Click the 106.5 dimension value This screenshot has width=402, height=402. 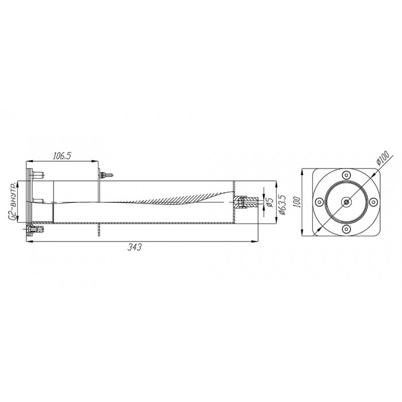pyautogui.click(x=62, y=156)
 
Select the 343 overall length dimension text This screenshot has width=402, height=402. pyautogui.click(x=134, y=247)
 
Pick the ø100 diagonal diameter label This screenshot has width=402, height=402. pyautogui.click(x=382, y=158)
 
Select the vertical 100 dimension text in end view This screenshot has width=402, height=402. pyautogui.click(x=297, y=202)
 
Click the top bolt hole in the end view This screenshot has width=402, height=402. pyautogui.click(x=346, y=175)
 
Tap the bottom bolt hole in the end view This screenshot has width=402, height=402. pyautogui.click(x=346, y=229)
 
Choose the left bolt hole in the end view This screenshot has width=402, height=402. pyautogui.click(x=319, y=202)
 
